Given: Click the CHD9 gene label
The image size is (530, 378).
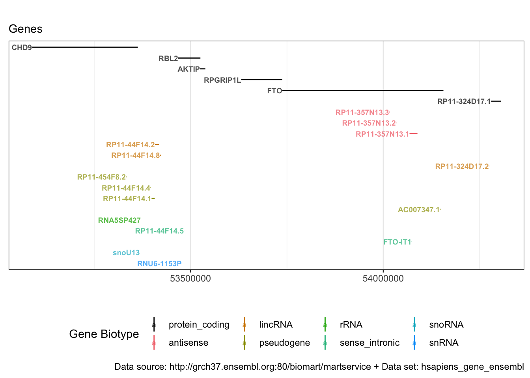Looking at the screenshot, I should tap(22, 48).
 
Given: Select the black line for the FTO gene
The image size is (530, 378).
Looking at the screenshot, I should tap(363, 91).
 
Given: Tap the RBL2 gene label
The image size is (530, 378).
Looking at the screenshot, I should tap(168, 59).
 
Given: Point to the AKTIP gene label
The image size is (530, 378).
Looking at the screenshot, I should tap(188, 69).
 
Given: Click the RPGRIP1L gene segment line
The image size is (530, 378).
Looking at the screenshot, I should tap(262, 80).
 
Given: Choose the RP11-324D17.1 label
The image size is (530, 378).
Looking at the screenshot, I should tap(464, 102).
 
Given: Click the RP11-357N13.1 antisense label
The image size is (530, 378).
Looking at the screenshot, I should tap(382, 134).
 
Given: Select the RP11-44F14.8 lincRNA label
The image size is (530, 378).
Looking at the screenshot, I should tap(135, 156).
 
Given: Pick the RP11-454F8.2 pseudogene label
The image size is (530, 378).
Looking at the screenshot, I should tap(101, 177).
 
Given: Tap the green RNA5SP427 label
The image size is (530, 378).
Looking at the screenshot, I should tap(119, 220).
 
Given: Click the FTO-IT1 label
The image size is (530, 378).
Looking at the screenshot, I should tap(397, 242).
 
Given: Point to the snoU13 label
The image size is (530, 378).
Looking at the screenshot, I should tap(126, 253).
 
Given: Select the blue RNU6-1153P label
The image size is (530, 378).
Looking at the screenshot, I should tap(159, 264).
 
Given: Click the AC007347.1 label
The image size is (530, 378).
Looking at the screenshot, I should tap(418, 210).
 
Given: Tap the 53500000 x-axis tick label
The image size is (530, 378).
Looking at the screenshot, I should tap(190, 279).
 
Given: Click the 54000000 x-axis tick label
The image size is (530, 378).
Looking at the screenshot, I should tap(383, 279).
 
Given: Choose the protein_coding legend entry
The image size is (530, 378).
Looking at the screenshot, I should tap(199, 325).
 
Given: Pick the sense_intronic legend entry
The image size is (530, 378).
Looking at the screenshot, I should tap(370, 343).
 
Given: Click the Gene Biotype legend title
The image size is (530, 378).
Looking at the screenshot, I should tap(104, 334).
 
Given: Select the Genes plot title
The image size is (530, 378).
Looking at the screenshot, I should tap(26, 29).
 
